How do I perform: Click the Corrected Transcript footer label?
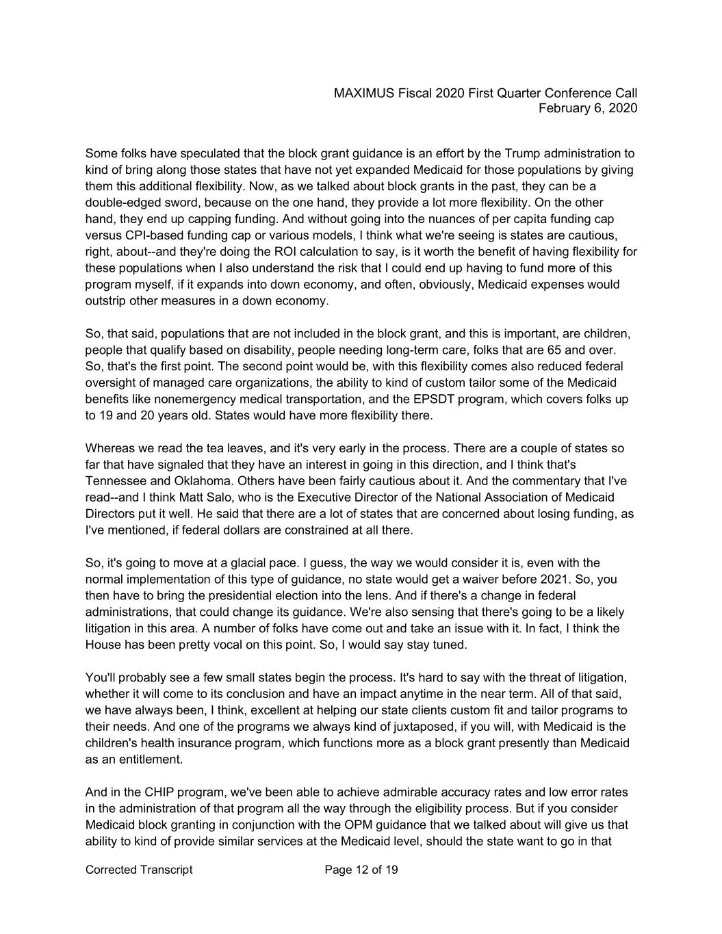139,870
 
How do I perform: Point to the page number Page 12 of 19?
361,870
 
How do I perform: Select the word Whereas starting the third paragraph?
109,448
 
